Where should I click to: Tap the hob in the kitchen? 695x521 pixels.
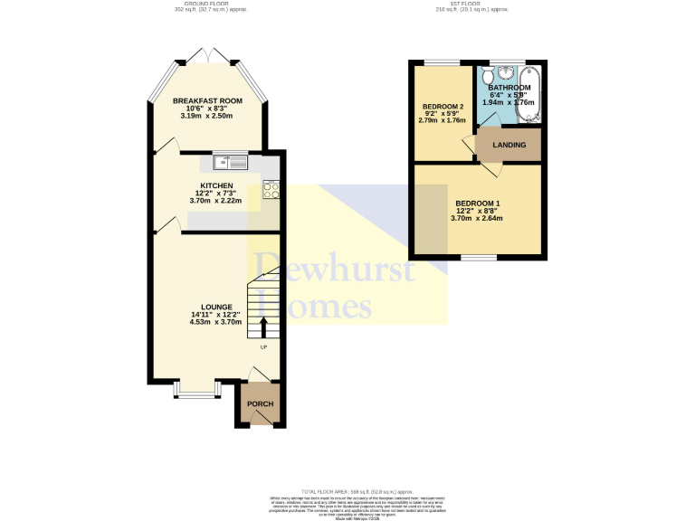click(x=271, y=190)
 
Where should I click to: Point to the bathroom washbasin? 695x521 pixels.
click(x=508, y=72)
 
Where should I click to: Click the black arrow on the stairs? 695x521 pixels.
click(x=264, y=327)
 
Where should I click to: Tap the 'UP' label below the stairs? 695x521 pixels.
click(x=264, y=347)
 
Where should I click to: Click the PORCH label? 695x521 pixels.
click(x=261, y=403)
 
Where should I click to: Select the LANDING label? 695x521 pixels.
click(x=509, y=145)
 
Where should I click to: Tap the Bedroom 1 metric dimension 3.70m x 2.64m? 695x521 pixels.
click(x=478, y=218)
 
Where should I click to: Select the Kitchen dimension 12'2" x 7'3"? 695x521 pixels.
click(x=216, y=193)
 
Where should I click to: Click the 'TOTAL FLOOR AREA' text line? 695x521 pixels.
click(x=347, y=491)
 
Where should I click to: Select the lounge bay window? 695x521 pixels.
click(x=196, y=391)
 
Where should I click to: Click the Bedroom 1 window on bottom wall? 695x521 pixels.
click(x=478, y=258)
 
